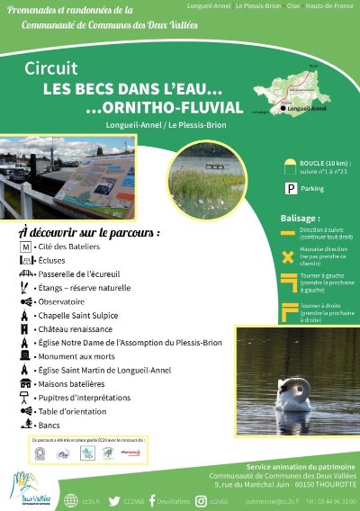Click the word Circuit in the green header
pos(51,69)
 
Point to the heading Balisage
pos(300,219)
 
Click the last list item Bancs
pos(50,424)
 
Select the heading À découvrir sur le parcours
pos(89,231)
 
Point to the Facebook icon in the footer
pos(151,500)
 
